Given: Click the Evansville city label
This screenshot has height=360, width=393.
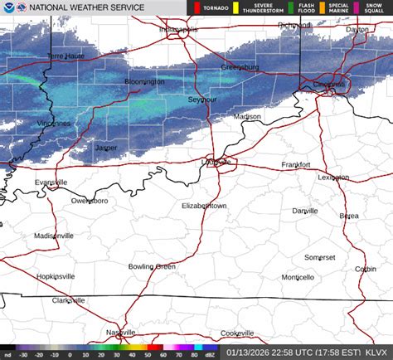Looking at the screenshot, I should (51, 182).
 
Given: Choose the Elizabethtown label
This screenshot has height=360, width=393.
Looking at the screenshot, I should (204, 205).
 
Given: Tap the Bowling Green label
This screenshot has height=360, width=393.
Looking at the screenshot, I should (152, 266).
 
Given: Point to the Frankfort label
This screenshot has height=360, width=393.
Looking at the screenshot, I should (295, 165).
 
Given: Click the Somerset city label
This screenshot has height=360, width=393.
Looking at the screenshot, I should (319, 257).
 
